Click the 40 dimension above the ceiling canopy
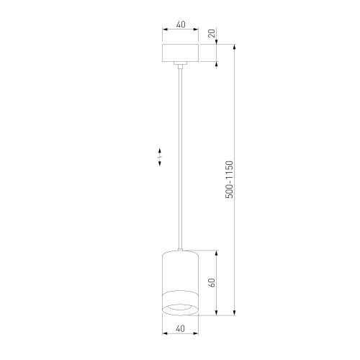[180, 24]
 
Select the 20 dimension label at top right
[212, 33]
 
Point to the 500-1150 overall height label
[229, 179]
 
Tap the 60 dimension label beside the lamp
[212, 283]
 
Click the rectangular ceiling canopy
[180, 54]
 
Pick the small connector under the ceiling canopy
[180, 66]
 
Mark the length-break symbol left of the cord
[160, 158]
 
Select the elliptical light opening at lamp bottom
[180, 309]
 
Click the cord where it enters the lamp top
[180, 248]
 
